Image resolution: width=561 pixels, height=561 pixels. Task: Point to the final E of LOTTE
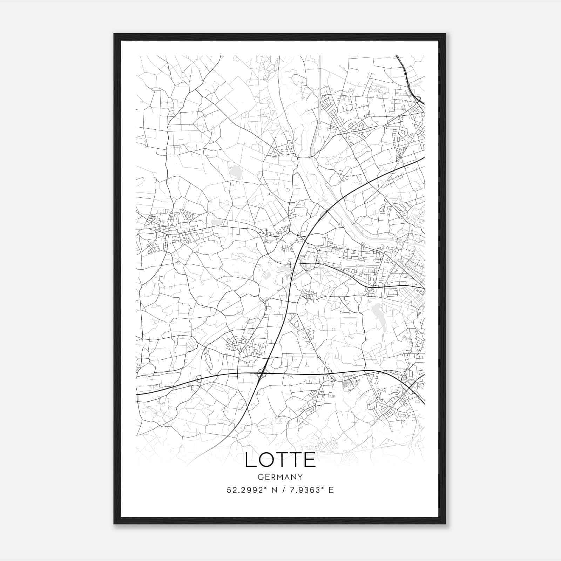[x=310, y=460]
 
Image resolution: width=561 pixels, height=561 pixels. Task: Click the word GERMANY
[x=280, y=477]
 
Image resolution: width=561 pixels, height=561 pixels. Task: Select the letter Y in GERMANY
[x=300, y=477]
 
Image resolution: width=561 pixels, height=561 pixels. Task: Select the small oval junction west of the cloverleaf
[x=199, y=379]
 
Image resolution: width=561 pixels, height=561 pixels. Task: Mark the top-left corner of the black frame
[x=114, y=34]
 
